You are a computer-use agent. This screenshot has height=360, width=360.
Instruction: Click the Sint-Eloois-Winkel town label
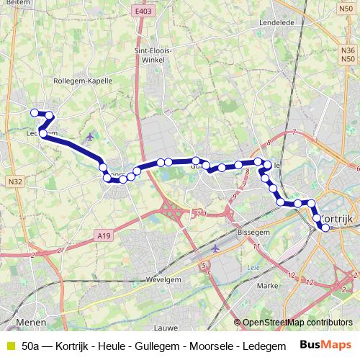click(x=150, y=55)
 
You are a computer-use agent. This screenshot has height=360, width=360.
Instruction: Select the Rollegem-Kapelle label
click(x=83, y=81)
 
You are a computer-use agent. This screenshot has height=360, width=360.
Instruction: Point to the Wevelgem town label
click(x=163, y=279)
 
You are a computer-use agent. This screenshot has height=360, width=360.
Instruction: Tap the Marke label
click(x=267, y=286)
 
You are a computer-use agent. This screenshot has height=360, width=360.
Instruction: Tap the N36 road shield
click(x=348, y=50)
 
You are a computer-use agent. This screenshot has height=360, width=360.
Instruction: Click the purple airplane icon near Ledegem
click(x=89, y=136)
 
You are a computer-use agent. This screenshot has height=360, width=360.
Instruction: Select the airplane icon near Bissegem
click(x=217, y=248)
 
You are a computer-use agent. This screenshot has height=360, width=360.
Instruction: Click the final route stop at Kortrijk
click(x=325, y=228)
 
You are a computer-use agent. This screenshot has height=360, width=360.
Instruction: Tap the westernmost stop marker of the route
click(x=34, y=112)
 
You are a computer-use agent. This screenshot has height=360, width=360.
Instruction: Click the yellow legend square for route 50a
click(x=9, y=346)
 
